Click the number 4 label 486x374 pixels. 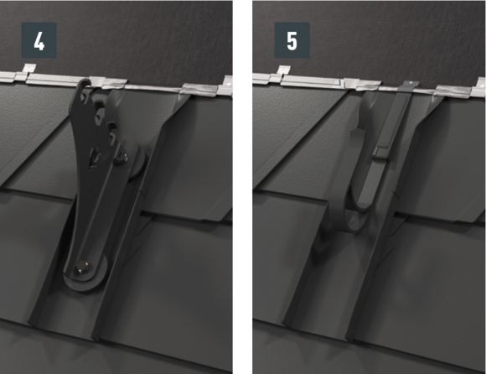[x=39, y=40]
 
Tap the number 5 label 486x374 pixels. [x=292, y=40]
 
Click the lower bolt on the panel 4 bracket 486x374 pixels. [x=82, y=268]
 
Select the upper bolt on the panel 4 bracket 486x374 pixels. [x=123, y=158]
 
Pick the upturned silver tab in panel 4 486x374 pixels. [x=29, y=69]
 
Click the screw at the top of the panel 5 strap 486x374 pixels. [x=411, y=83]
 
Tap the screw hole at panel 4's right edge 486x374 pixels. [x=229, y=83]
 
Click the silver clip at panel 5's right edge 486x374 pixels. [x=478, y=87]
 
